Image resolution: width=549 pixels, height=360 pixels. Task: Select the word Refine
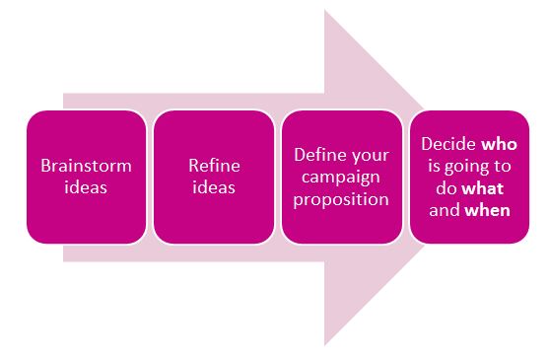[213, 166]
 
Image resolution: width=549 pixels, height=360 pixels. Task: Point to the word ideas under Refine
[213, 187]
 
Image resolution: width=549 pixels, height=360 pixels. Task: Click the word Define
[317, 155]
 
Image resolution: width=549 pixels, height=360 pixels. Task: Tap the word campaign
[341, 177]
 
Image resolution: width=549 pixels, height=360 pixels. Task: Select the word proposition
[341, 198]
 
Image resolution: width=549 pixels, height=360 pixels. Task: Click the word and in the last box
[446, 209]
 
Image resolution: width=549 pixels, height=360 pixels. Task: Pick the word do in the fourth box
[448, 187]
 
